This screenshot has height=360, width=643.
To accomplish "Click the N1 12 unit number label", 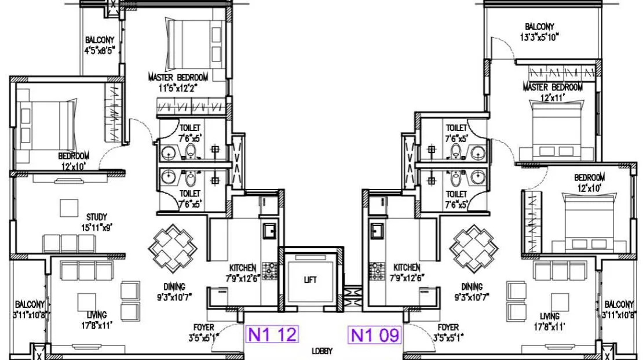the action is [272, 334].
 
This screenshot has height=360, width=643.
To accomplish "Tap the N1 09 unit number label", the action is [374, 334].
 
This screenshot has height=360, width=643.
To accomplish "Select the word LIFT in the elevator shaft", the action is [310, 280].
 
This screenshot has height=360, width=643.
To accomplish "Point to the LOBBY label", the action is [322, 351].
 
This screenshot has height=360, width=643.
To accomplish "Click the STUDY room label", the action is [97, 217].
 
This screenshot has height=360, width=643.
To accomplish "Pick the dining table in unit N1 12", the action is [173, 248].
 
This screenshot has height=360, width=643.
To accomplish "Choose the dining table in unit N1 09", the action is [474, 249].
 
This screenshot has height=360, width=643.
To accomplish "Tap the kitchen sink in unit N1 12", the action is [269, 231].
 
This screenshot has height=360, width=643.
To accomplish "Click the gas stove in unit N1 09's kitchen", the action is [376, 271].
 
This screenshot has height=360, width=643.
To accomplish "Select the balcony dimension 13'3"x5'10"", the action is [539, 37].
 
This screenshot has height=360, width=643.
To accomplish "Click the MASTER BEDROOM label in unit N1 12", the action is [178, 77].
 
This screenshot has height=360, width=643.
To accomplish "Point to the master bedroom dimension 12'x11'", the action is [553, 98].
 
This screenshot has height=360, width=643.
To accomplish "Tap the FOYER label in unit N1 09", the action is [448, 328].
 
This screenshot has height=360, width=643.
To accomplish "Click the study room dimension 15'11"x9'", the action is [97, 227].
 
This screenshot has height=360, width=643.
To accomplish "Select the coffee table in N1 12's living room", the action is [86, 302].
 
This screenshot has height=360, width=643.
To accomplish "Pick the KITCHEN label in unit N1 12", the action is [243, 268].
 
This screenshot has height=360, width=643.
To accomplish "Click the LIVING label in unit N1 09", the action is [550, 317].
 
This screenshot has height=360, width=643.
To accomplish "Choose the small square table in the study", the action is [69, 208].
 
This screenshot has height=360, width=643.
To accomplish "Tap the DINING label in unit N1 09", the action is [472, 286].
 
